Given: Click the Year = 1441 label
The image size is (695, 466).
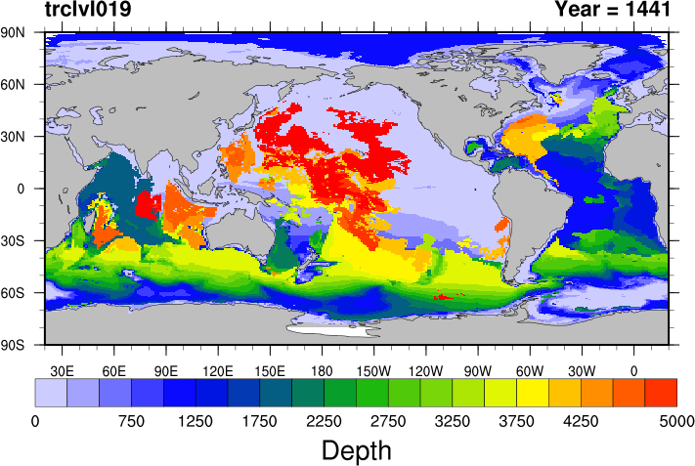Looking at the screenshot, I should click(612, 11).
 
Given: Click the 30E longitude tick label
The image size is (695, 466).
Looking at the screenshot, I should click(63, 371).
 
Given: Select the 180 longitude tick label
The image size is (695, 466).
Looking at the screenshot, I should click(322, 371).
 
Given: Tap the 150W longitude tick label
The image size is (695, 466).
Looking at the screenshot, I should click(373, 371).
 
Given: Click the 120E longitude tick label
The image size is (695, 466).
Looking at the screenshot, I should click(217, 371).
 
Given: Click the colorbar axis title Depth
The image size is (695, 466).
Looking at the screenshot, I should click(356, 450).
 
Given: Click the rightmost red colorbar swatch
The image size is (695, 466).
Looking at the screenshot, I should click(661, 392).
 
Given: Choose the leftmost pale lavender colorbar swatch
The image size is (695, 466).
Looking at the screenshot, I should click(51, 392).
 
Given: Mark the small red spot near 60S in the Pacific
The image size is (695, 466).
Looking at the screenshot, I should click(440, 296).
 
